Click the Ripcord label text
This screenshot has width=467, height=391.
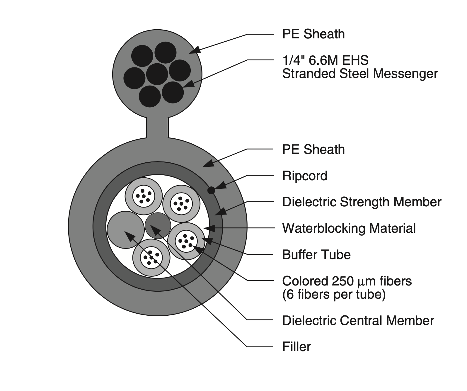coord(305,176)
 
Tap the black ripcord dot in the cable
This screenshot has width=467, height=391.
coord(211,191)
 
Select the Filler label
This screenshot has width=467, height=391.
coord(296,347)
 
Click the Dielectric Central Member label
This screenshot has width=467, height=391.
coord(358,321)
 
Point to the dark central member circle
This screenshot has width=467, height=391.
coord(158,225)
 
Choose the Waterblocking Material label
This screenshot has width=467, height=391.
coord(349,228)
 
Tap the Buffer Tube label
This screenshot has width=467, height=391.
coord(316,255)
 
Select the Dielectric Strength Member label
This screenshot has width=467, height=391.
coord(362,202)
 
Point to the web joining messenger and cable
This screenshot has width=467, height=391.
coord(157,127)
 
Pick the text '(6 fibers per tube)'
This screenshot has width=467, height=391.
coord(334,294)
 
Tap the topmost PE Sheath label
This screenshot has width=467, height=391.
coord(313,34)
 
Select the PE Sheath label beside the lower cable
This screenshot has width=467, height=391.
coord(313,149)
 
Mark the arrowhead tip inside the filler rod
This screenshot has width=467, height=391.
coord(126,232)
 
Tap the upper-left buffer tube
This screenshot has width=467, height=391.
coord(144,196)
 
